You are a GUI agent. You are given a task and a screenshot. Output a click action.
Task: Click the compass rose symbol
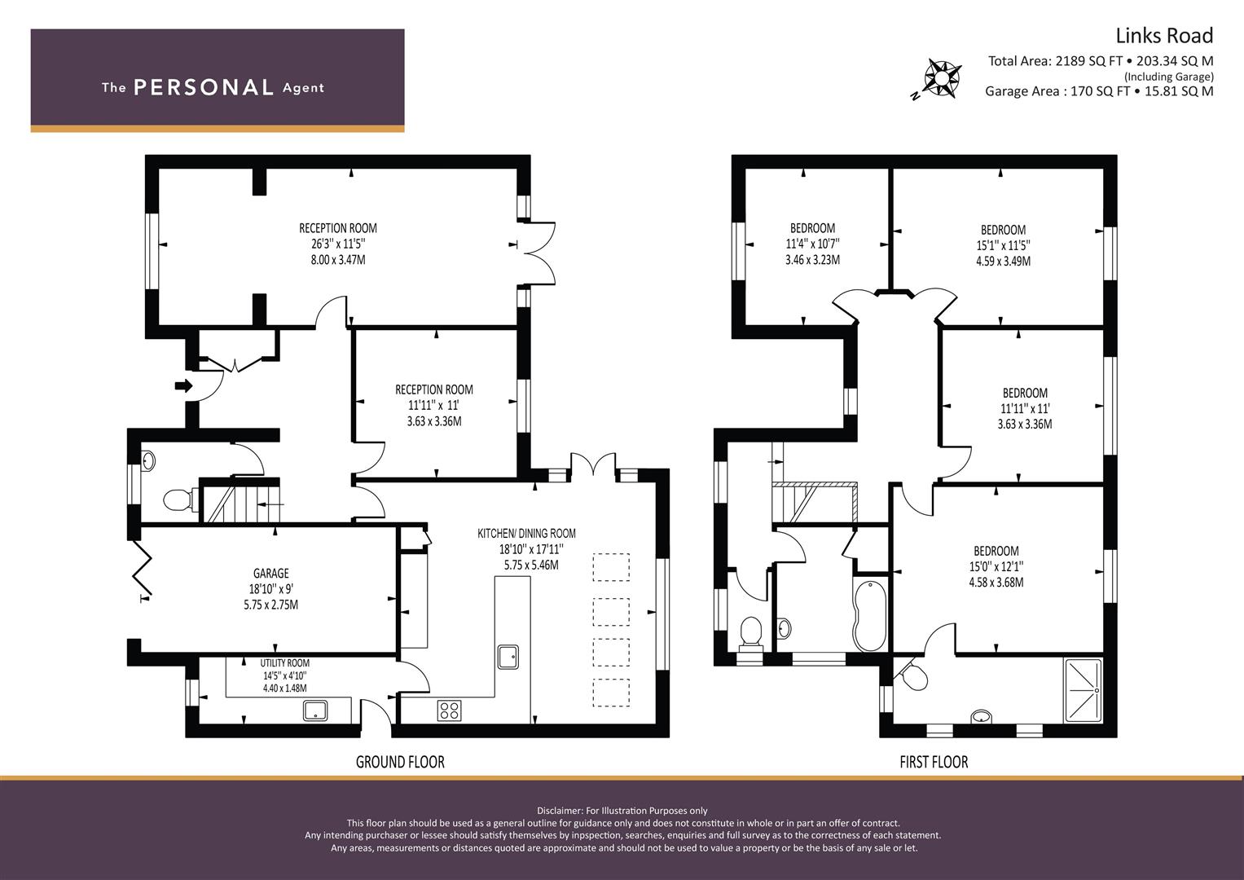coord(942,79)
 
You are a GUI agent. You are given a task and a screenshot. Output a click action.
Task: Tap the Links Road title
coord(1163,36)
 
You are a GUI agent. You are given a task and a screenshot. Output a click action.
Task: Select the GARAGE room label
coord(270,574)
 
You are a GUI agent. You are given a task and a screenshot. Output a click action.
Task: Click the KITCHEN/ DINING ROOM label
coord(526,534)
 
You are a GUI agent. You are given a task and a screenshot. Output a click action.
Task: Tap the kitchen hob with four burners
coord(449,710)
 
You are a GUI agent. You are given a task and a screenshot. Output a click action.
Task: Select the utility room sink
coord(315,711)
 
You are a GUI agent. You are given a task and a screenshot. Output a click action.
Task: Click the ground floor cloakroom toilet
coord(178,499)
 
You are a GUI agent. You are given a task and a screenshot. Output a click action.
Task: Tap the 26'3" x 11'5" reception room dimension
coord(338,244)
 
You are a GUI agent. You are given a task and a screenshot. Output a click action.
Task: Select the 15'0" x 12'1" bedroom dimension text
coord(996,566)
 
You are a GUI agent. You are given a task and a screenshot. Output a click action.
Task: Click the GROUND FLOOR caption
coord(400,762)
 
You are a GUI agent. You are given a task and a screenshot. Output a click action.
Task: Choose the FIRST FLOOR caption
coord(934,762)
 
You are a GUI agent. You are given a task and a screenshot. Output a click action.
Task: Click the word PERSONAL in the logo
coord(204,88)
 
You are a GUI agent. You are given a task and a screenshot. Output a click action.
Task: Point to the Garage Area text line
coord(1098,91)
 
